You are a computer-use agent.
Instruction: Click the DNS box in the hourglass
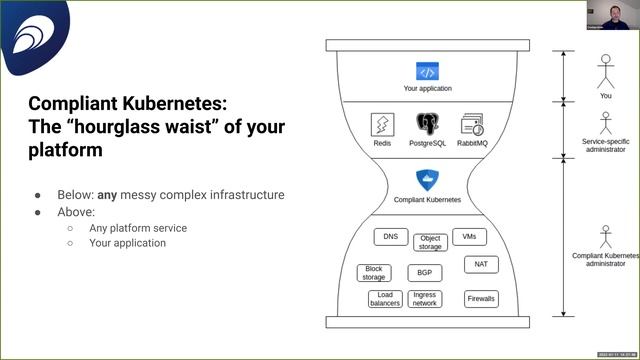pyautogui.click(x=390, y=238)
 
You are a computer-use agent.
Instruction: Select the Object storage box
pyautogui.click(x=430, y=242)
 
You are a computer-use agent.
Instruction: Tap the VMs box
pyautogui.click(x=469, y=237)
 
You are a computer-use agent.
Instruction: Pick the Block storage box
pyautogui.click(x=374, y=273)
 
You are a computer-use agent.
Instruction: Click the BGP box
pyautogui.click(x=425, y=272)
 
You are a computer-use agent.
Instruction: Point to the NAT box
pyautogui.click(x=481, y=265)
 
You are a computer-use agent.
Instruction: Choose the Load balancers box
pyautogui.click(x=385, y=299)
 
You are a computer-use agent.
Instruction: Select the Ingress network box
pyautogui.click(x=425, y=299)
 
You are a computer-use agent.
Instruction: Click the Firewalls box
pyautogui.click(x=481, y=299)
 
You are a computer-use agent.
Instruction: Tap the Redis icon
pyautogui.click(x=381, y=125)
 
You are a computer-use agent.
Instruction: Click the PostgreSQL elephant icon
pyautogui.click(x=427, y=125)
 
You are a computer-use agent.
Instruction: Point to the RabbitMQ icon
pyautogui.click(x=472, y=125)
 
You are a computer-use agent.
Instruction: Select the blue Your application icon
pyautogui.click(x=427, y=72)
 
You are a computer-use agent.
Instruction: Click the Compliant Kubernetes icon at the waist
pyautogui.click(x=427, y=180)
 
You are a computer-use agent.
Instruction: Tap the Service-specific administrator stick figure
pyautogui.click(x=605, y=123)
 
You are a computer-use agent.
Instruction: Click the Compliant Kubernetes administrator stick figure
pyautogui.click(x=605, y=237)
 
